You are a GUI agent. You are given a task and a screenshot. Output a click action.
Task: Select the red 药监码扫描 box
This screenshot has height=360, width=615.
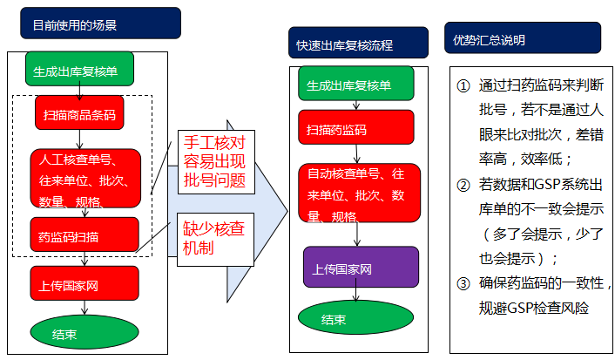pyautogui.click(x=84, y=234)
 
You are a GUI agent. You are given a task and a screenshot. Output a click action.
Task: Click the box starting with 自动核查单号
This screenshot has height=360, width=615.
pyautogui.click(x=358, y=192)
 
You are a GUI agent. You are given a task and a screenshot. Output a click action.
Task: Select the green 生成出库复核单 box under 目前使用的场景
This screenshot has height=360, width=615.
pyautogui.click(x=84, y=69)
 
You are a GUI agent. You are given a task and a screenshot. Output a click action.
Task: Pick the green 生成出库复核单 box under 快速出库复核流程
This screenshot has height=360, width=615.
pyautogui.click(x=358, y=85)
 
